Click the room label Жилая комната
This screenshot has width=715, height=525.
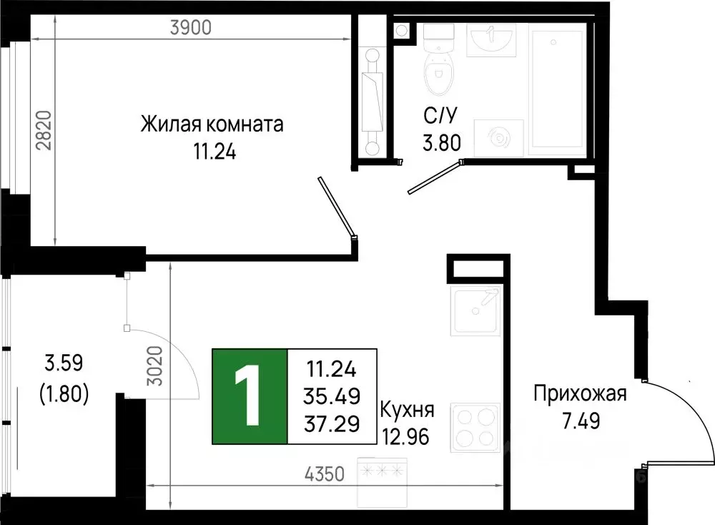click(x=212, y=124)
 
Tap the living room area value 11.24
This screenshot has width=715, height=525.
click(x=212, y=151)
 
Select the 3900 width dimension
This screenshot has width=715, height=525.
click(x=192, y=28)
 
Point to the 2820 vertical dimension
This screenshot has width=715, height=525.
click(x=44, y=130)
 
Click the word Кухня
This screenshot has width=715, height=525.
click(x=407, y=411)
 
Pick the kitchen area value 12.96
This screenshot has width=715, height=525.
click(x=405, y=436)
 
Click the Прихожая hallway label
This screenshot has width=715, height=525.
click(x=580, y=393)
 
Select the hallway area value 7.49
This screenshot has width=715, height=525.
click(x=580, y=420)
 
